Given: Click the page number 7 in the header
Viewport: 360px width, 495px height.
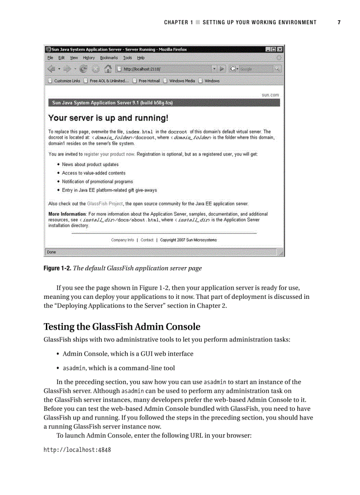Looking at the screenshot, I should [x=339, y=22].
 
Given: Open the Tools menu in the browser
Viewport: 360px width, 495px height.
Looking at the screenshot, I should [x=127, y=58].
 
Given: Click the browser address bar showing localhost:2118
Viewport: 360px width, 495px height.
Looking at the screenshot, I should [x=163, y=69].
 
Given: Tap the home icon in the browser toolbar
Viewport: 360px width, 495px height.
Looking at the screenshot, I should [x=107, y=69].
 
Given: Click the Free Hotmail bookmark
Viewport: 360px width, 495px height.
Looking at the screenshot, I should [x=149, y=81].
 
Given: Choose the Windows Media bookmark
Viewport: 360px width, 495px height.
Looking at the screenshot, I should [x=181, y=81].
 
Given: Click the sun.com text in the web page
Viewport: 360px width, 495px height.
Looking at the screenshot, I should [x=270, y=95].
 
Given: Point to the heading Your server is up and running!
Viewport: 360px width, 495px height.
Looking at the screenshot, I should [x=108, y=118].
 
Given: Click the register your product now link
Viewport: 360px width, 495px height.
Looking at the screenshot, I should [x=109, y=154].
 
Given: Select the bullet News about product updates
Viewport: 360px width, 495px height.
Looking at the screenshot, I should [x=90, y=164].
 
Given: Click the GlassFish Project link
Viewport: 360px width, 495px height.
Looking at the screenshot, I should [x=105, y=204].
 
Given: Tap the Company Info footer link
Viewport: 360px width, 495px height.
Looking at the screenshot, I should [x=122, y=240].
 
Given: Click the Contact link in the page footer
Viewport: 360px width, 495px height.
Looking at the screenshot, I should [x=147, y=240].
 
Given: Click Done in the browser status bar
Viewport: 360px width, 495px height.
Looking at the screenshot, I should [x=52, y=252].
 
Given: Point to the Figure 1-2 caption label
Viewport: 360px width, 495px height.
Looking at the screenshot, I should [x=57, y=268].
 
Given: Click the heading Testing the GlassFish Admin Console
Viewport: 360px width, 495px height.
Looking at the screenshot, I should [x=122, y=327].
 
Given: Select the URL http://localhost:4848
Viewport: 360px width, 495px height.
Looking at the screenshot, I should [x=77, y=450].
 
